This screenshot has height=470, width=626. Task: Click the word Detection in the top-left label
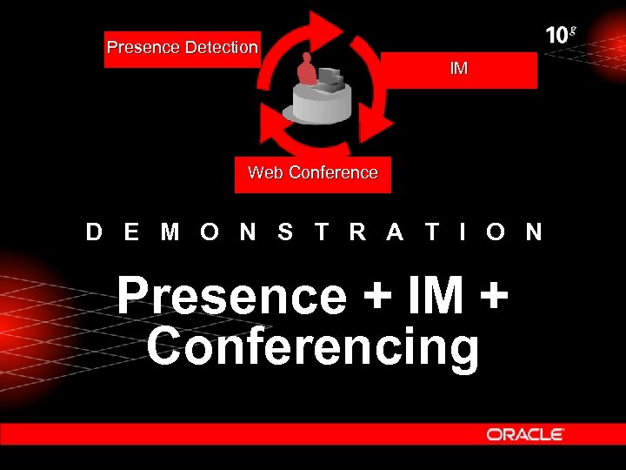coord(221,47)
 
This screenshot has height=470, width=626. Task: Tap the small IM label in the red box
coord(458,68)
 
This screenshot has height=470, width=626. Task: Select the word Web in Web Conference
coord(265,172)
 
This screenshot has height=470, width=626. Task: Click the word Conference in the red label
coord(333,172)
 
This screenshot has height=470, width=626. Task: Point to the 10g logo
coord(561,34)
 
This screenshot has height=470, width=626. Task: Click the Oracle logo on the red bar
coord(525,433)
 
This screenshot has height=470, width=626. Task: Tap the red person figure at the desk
coord(306,70)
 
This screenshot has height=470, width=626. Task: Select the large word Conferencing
coord(313,346)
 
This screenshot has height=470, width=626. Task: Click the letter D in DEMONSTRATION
coord(94,232)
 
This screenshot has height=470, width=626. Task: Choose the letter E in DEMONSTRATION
coord(131,232)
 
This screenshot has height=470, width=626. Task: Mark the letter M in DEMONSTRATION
coord(170,232)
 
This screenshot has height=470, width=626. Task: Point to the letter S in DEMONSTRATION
coord(285,232)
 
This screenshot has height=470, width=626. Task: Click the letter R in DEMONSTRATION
coord(357,232)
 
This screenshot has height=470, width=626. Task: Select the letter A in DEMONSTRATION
coord(396,232)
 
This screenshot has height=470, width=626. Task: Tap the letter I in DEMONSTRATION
coord(462,232)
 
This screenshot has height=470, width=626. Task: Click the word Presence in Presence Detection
coord(143,47)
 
